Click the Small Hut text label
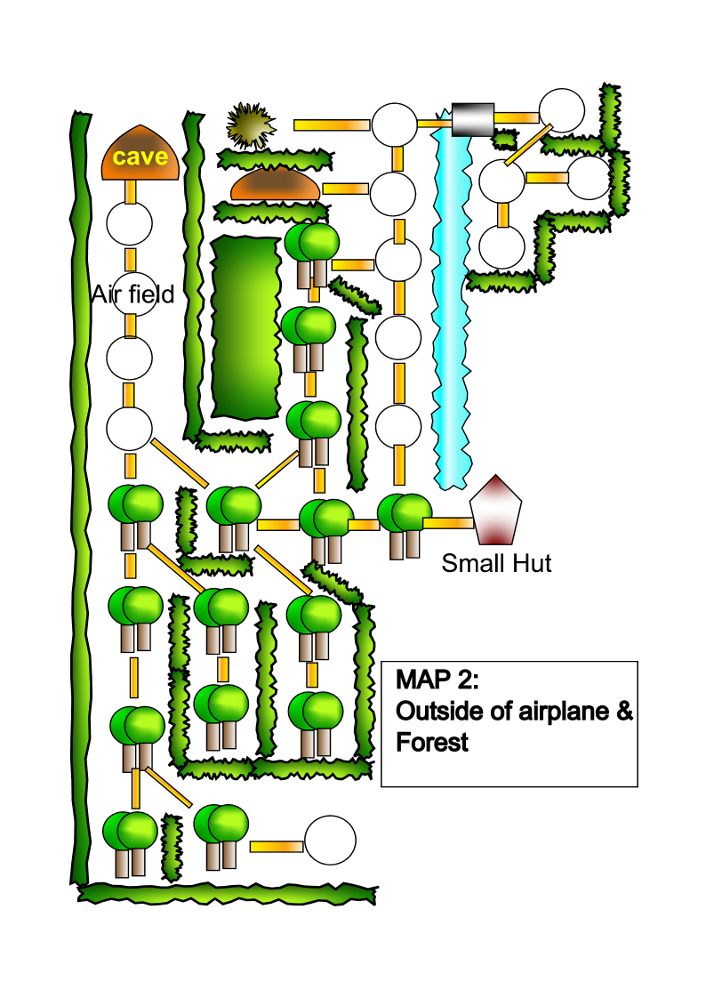(x=496, y=563)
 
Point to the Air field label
(x=132, y=294)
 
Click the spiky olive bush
(x=250, y=125)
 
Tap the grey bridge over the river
(x=471, y=119)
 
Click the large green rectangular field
(x=246, y=327)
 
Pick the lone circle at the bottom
(x=330, y=840)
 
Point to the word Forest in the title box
(x=432, y=742)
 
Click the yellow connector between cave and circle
(x=131, y=191)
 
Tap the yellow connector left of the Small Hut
(x=447, y=523)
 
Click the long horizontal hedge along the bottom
(x=228, y=892)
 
